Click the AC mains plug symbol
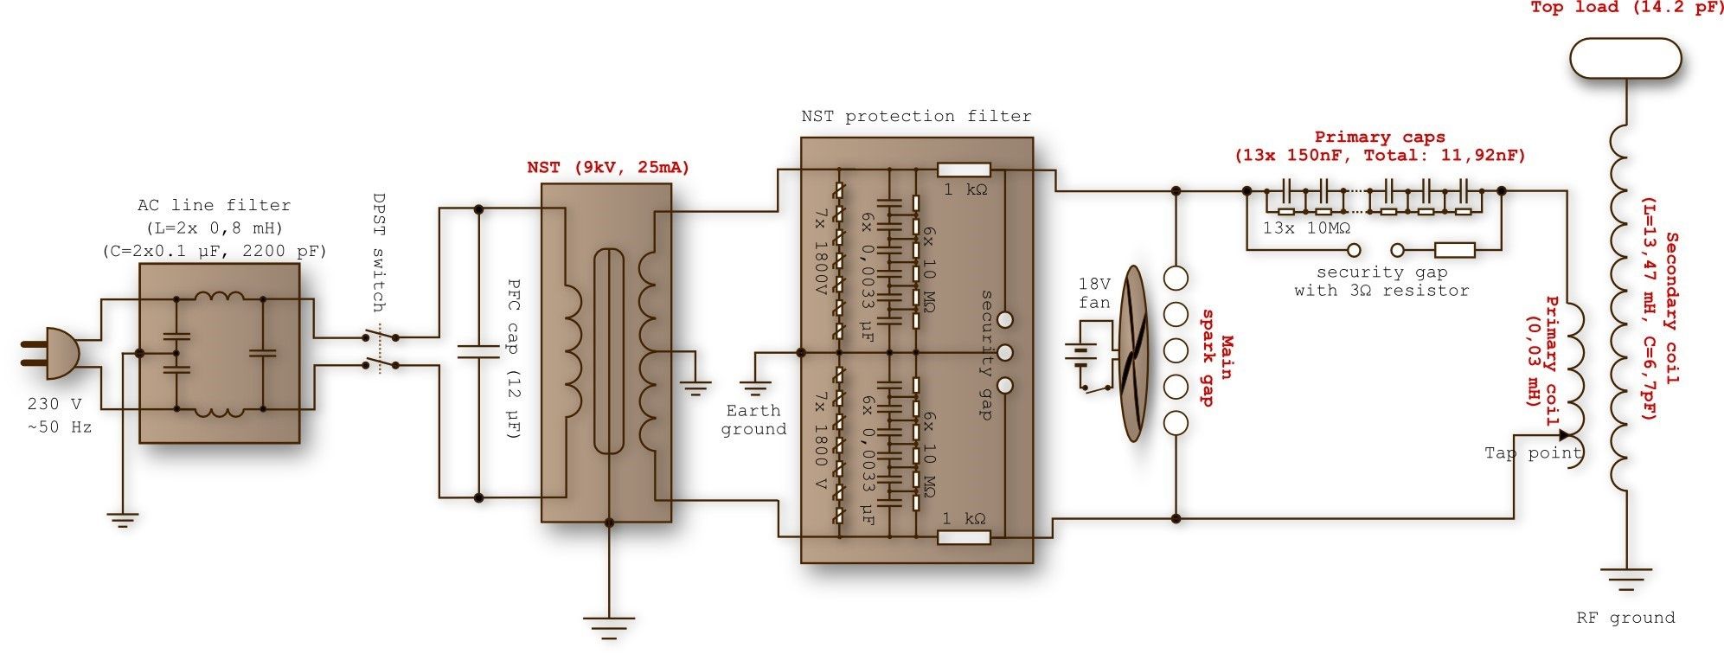tap(52, 353)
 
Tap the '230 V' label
tap(54, 404)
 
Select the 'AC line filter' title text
tap(214, 205)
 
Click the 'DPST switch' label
tap(378, 252)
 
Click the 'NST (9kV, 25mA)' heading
tap(608, 168)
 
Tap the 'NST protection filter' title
tap(916, 116)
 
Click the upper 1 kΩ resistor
tap(964, 170)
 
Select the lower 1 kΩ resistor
tap(964, 537)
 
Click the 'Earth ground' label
tap(753, 420)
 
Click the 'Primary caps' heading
tap(1380, 137)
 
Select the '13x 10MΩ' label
tap(1306, 228)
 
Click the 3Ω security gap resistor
tap(1454, 250)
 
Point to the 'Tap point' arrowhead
tap(1563, 435)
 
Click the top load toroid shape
tap(1625, 59)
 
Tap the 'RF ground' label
tap(1625, 618)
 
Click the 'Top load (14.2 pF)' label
tap(1627, 8)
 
